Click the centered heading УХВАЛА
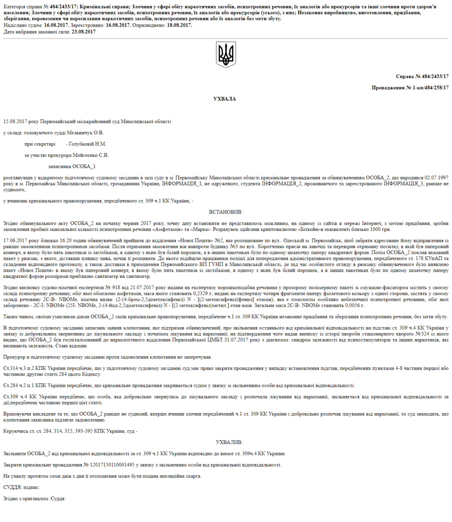pyautogui.click(x=225, y=99)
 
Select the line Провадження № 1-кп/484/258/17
pyautogui.click(x=410, y=87)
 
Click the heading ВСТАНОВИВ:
pyautogui.click(x=226, y=212)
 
